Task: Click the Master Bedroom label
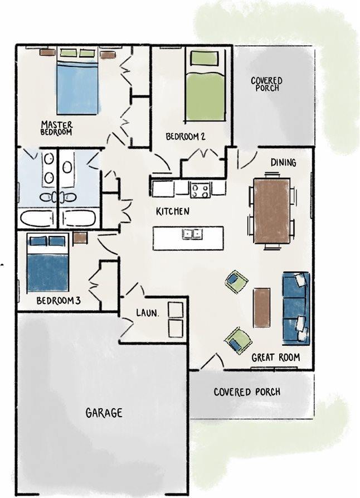click(56, 128)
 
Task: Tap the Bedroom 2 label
click(186, 137)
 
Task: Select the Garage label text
click(104, 413)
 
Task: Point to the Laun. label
click(147, 313)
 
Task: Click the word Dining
click(283, 163)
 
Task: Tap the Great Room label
click(275, 357)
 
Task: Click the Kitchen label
click(173, 211)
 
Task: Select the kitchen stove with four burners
click(200, 190)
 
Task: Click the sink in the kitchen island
click(192, 234)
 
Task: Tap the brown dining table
click(272, 211)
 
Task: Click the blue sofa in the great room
click(296, 308)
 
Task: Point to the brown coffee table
click(262, 307)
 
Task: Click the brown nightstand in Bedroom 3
click(80, 238)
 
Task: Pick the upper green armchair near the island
click(236, 281)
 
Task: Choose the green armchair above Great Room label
click(238, 341)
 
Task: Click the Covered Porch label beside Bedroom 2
click(267, 84)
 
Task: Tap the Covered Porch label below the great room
click(247, 392)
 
